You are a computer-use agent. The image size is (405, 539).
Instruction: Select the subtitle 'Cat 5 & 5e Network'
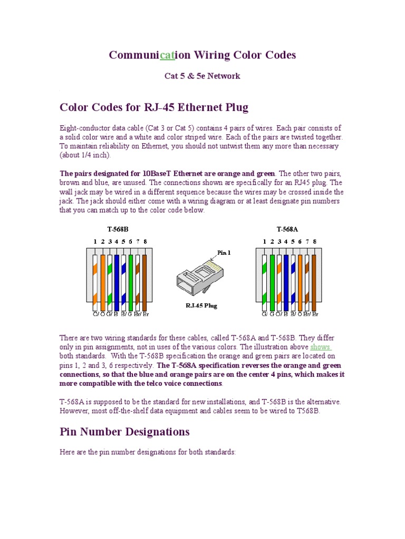coord(202,76)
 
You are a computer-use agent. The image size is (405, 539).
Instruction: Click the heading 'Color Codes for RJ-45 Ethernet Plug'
coord(153,107)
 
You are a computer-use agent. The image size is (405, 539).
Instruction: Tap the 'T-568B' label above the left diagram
coord(118,229)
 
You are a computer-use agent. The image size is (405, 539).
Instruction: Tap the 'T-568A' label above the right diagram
coord(287,229)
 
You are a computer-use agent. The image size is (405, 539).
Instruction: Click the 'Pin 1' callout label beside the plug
coord(224,253)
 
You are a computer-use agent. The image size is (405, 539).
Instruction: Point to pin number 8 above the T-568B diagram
coord(145,242)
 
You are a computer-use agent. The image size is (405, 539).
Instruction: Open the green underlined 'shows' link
coord(320,347)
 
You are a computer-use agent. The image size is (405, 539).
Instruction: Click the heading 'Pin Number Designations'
coord(124,432)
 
